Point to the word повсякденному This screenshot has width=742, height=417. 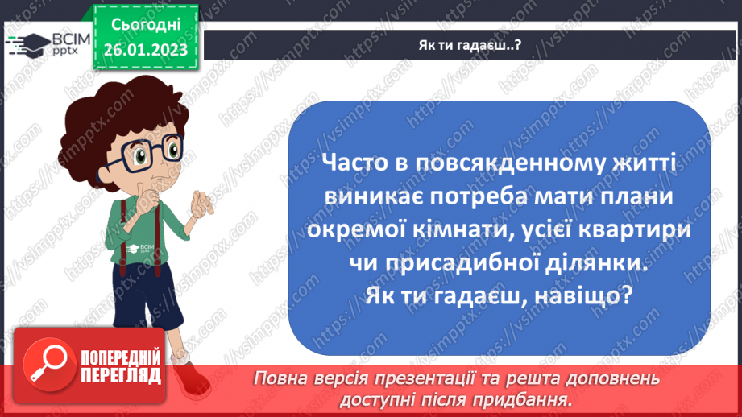pyautogui.click(x=513, y=163)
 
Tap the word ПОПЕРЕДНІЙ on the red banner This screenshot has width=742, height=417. pyautogui.click(x=121, y=357)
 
